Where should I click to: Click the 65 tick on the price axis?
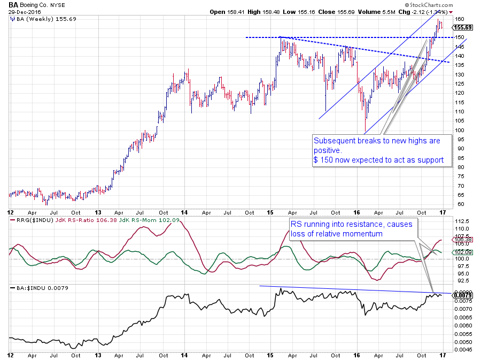point(459,195)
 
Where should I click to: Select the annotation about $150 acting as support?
point(381,151)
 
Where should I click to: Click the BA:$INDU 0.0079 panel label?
point(35,288)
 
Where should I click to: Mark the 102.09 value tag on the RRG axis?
point(463,251)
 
